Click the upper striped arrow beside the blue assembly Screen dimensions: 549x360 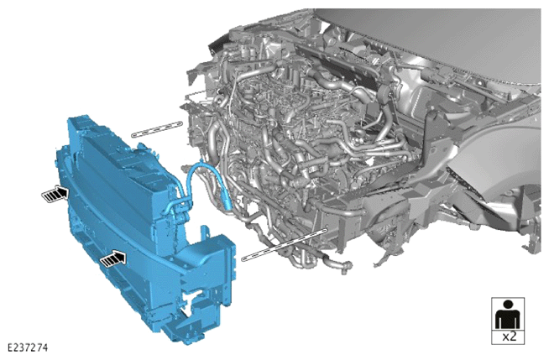[x=55, y=194]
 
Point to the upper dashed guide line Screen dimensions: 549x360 [x=157, y=128]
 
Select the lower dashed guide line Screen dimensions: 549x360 [x=284, y=244]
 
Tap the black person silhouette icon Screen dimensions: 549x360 [x=508, y=315]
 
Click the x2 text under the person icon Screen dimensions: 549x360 [x=509, y=337]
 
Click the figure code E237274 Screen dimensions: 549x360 [x=28, y=347]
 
